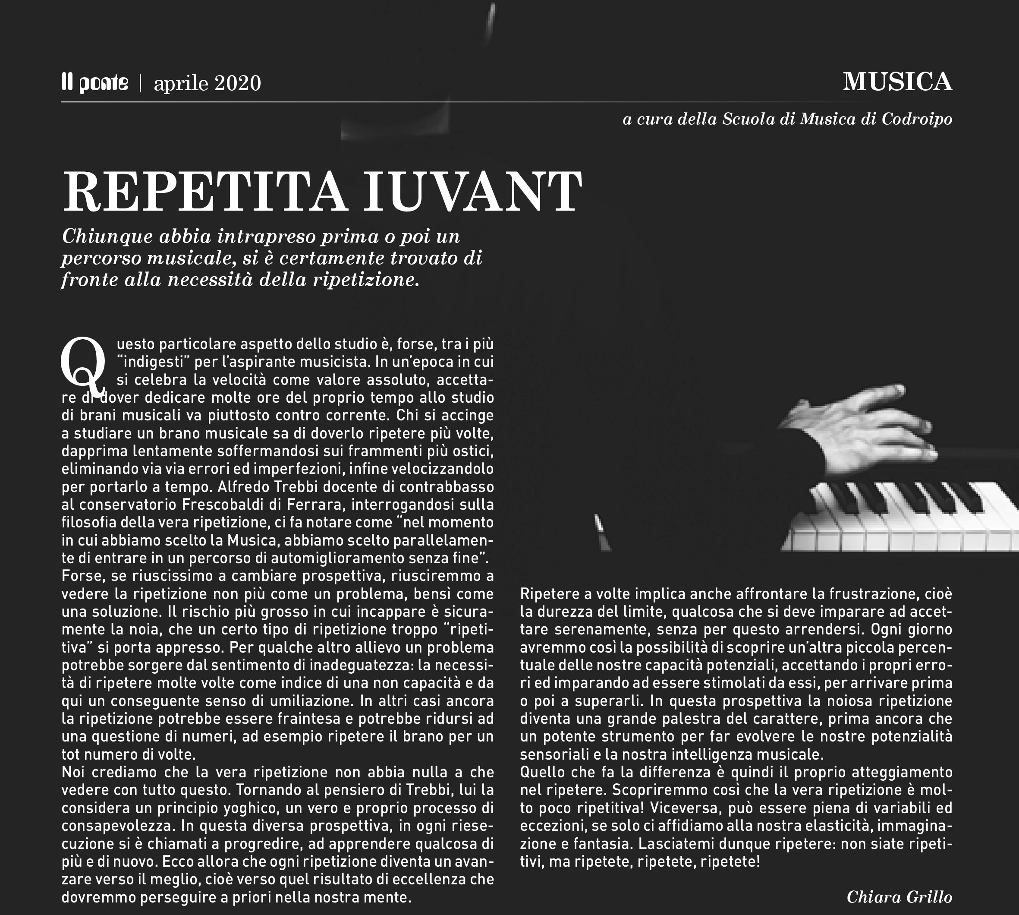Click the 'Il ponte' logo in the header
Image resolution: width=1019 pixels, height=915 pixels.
95,83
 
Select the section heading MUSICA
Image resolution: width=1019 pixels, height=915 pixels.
897,82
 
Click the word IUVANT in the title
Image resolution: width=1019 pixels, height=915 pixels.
472,192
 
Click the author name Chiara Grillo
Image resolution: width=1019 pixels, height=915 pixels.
899,896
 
